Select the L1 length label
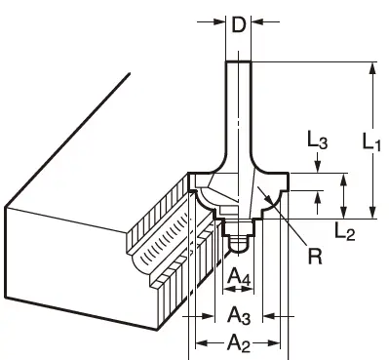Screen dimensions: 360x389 [371, 142]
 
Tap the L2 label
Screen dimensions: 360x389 [342, 230]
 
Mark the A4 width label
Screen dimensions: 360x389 [237, 279]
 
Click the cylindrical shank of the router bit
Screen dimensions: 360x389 [238, 107]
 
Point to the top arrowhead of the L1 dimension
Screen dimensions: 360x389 [371, 68]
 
